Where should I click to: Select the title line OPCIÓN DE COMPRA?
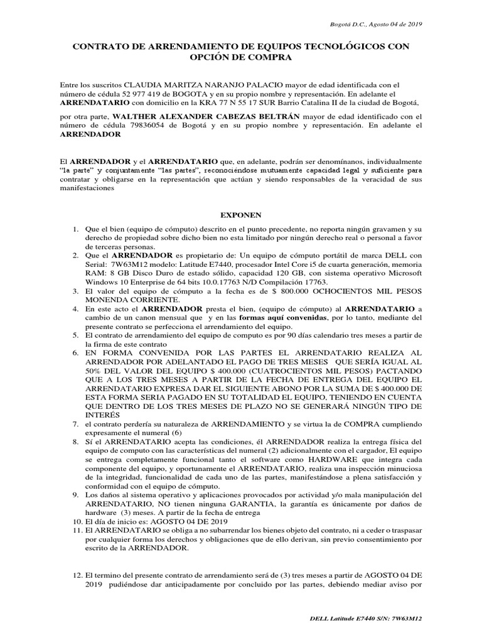[x=241, y=57]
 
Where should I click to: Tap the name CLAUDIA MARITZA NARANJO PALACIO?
[x=196, y=84]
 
